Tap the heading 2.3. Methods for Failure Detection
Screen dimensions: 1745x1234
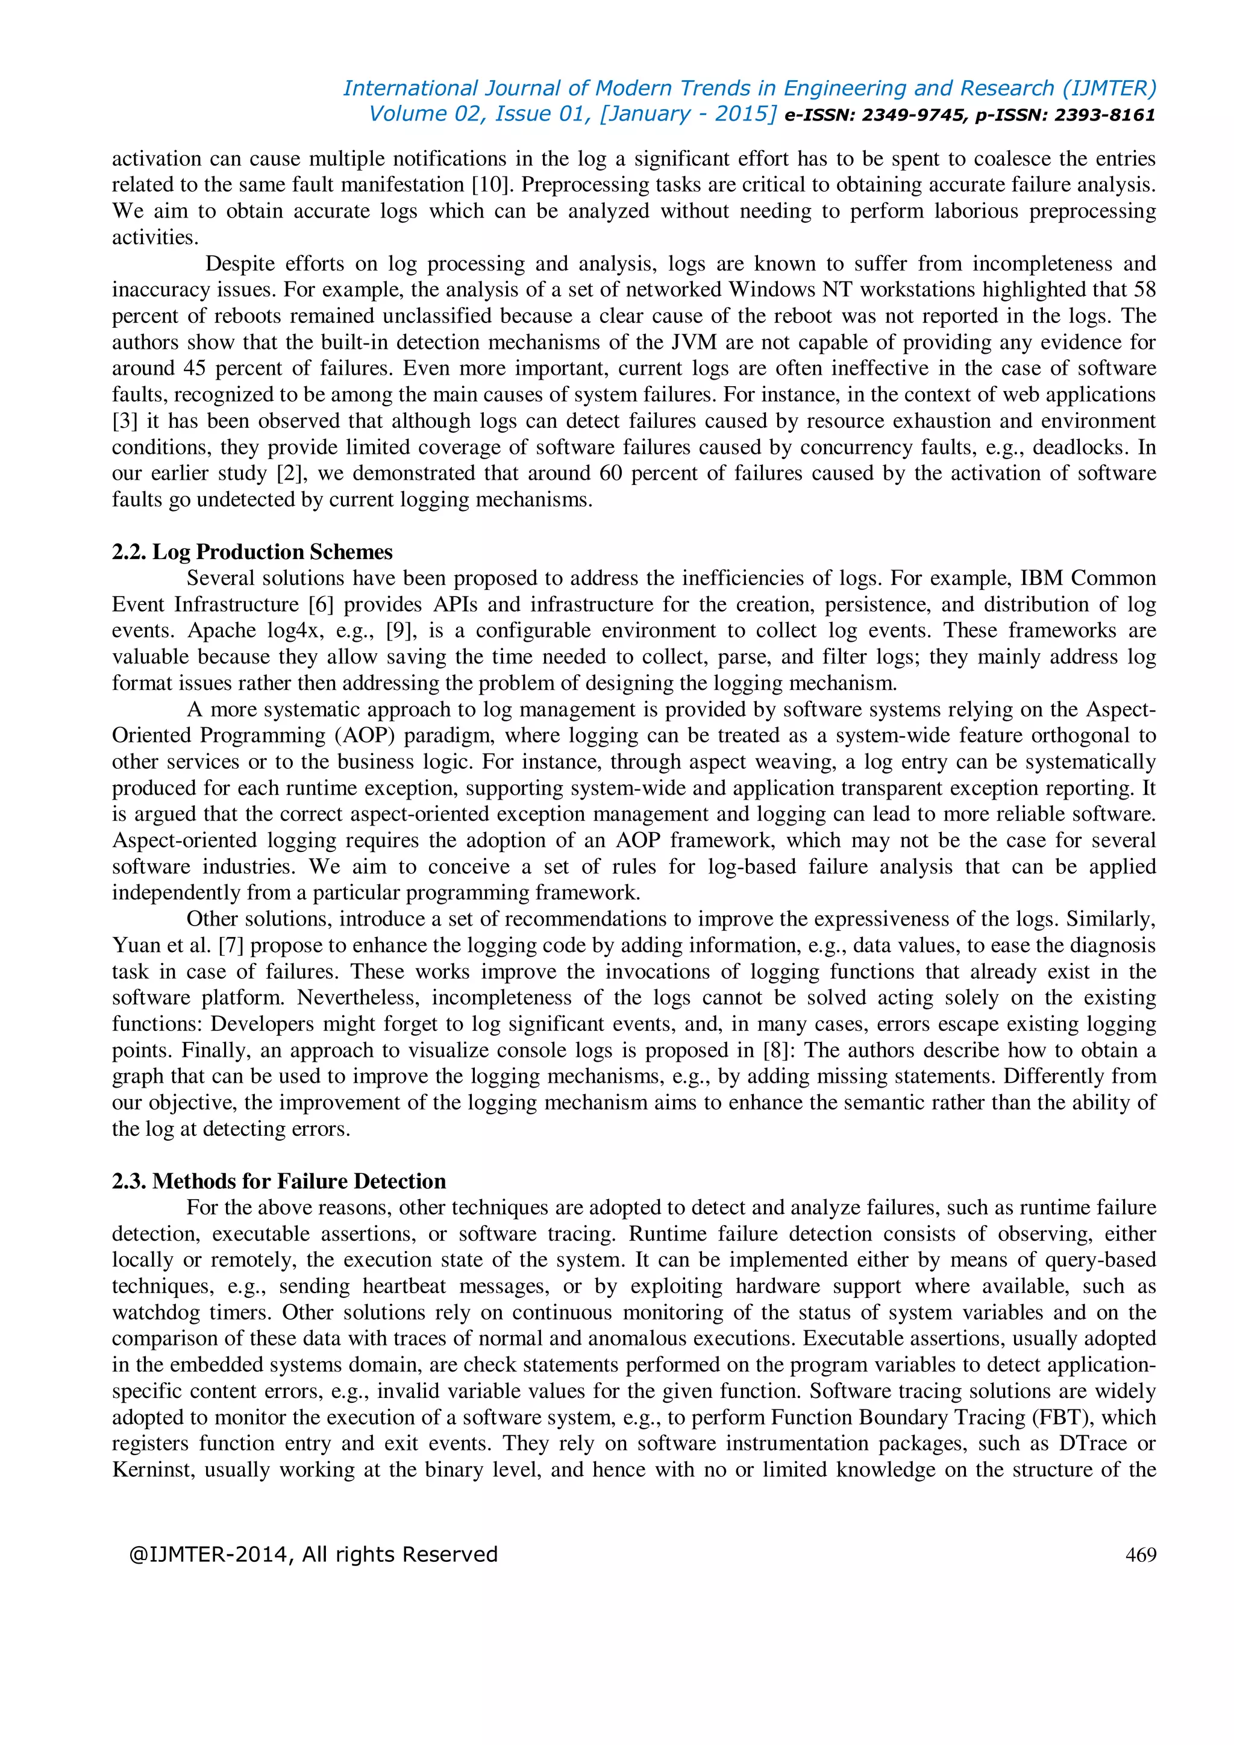pyautogui.click(x=278, y=1181)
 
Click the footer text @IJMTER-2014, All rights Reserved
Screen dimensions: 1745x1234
pyautogui.click(x=313, y=1554)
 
